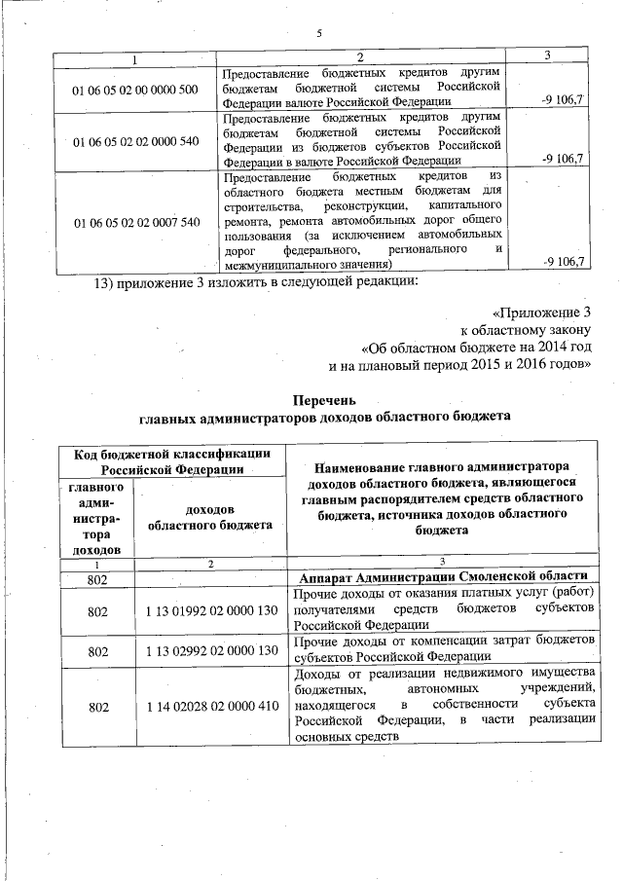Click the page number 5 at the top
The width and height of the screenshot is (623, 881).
coord(318,35)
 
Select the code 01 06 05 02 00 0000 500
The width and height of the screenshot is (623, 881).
coord(135,91)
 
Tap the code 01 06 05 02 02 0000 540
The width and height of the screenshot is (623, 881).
coord(135,141)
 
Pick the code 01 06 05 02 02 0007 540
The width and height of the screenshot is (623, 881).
coord(135,222)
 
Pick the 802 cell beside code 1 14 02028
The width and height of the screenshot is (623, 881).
coord(97,709)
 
